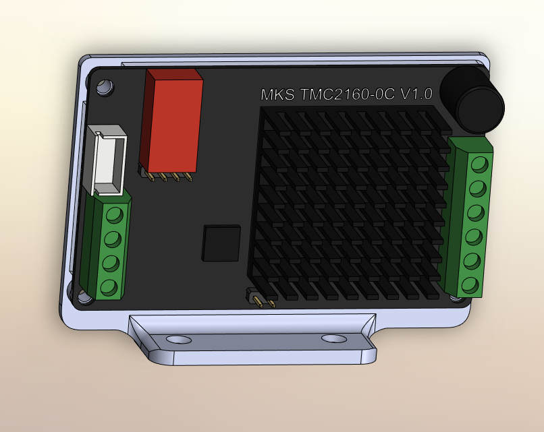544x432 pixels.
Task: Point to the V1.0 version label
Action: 416,94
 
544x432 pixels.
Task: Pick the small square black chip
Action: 222,243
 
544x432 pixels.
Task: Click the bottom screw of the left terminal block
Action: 109,288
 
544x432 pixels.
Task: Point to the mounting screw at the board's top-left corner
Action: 105,87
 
